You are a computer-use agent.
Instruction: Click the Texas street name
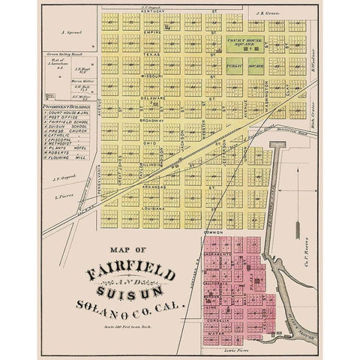pos(153,54)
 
